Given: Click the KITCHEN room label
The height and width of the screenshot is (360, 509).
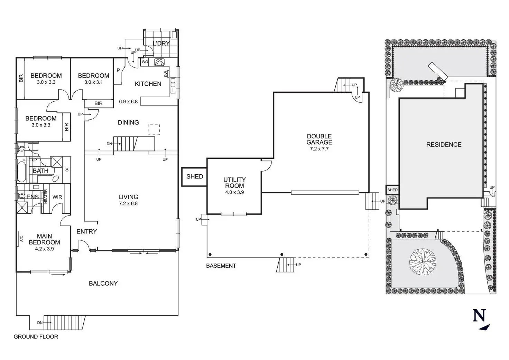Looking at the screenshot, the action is [148, 84].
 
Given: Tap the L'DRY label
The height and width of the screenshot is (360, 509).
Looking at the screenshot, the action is [161, 44].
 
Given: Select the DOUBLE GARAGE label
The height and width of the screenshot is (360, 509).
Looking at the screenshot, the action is [319, 139].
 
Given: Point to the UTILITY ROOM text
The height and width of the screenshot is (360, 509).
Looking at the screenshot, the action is [234, 183].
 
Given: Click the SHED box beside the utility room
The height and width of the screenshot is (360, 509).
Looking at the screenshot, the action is [194, 177].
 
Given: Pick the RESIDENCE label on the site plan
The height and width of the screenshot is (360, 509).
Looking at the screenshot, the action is [444, 145].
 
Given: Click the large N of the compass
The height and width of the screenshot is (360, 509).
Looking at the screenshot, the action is [479, 315].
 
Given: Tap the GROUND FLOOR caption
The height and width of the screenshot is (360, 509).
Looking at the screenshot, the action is [36, 336].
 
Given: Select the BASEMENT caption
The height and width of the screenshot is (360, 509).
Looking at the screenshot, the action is [221, 266].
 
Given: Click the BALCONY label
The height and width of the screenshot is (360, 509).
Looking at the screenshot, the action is [103, 283].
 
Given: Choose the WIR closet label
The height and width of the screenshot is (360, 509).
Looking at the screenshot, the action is [57, 197].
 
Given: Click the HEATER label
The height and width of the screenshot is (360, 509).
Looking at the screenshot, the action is [46, 196].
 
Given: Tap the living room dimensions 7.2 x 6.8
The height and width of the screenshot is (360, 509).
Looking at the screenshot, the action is [128, 204].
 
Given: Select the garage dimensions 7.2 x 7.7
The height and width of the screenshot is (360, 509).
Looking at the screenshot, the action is [319, 149].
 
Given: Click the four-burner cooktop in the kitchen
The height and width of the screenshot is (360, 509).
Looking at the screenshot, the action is [159, 62].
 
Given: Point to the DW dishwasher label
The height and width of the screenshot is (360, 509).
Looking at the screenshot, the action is [166, 74].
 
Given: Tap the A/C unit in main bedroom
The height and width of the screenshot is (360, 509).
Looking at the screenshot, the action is [21, 238].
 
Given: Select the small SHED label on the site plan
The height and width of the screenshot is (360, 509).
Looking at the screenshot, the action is [392, 190].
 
